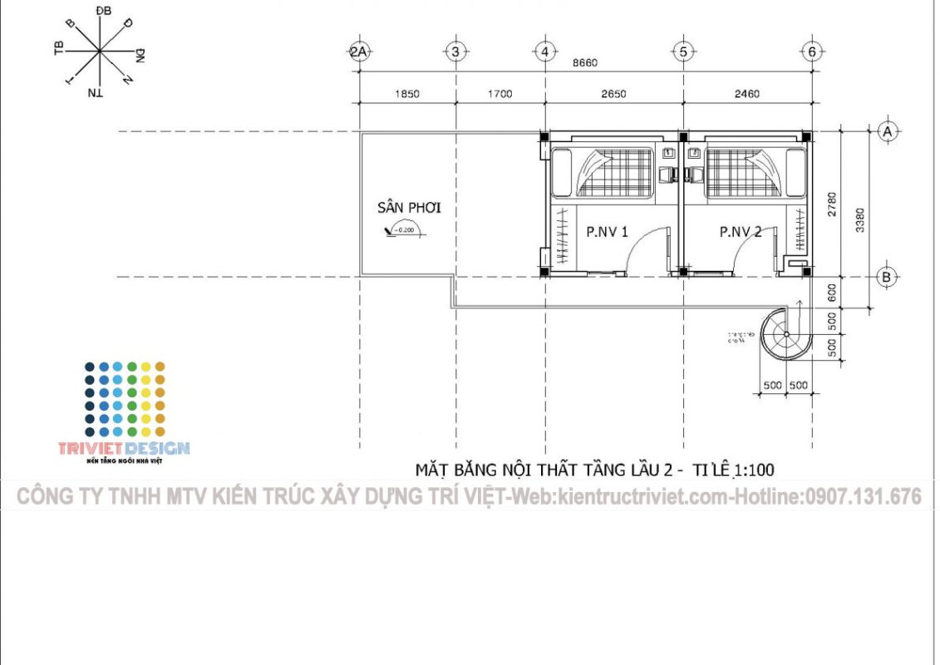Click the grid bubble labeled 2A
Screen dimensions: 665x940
(x=359, y=52)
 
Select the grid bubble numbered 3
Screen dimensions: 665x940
(x=455, y=52)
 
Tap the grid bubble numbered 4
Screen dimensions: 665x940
(x=545, y=52)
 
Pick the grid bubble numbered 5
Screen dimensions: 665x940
(x=683, y=52)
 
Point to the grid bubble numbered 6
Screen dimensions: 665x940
(x=812, y=52)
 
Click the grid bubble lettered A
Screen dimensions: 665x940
(x=887, y=131)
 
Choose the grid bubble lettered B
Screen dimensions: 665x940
(x=887, y=278)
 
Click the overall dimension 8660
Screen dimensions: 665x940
(x=585, y=63)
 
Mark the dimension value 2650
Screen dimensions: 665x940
(x=613, y=94)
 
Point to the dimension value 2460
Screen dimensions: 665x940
(x=747, y=94)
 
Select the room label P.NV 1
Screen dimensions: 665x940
(x=607, y=232)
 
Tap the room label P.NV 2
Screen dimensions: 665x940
(x=740, y=232)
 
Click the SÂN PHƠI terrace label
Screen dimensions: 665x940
(x=409, y=208)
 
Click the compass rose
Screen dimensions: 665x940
(x=100, y=52)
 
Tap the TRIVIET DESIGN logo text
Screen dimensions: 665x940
(x=124, y=449)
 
